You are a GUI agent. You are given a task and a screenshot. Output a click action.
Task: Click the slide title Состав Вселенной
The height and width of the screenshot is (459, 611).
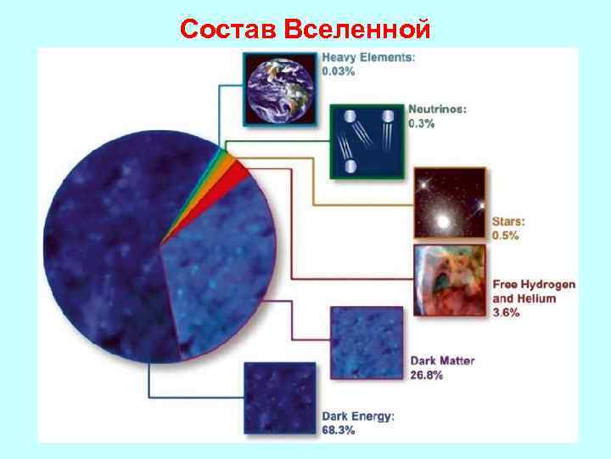(x=305, y=29)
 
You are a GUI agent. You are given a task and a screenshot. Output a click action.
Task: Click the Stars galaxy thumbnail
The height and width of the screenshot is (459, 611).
(x=449, y=202)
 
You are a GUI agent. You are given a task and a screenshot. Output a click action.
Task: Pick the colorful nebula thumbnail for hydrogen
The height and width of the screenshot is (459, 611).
(x=449, y=279)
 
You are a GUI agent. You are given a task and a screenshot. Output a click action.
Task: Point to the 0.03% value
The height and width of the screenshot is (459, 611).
(x=339, y=71)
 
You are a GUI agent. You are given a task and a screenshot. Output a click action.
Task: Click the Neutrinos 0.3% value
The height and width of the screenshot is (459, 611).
(x=422, y=123)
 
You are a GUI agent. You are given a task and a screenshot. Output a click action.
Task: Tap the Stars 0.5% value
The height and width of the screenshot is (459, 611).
(x=505, y=235)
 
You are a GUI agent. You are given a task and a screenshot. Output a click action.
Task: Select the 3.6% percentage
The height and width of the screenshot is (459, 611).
(x=507, y=313)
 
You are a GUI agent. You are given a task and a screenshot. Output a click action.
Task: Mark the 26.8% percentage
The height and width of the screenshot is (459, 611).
(x=427, y=375)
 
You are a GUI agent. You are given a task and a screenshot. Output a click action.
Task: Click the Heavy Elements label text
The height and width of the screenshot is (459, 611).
(x=368, y=58)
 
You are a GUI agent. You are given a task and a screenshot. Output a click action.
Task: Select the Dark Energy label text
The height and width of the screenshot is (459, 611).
(x=357, y=416)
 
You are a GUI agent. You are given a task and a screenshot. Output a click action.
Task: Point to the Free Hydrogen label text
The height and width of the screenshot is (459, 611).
(x=534, y=284)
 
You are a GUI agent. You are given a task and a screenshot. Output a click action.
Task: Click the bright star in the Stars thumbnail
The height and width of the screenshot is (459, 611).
(x=443, y=222)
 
